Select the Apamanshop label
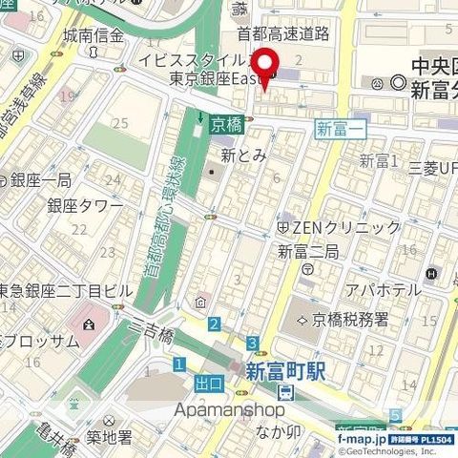coord(229,408)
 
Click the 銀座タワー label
coord(85,206)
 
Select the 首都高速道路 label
coord(283,34)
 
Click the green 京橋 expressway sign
coord(226,124)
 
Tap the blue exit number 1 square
coord(178,364)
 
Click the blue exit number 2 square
coord(215,324)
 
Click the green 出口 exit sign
coord(208,384)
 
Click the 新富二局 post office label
coord(308,252)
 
